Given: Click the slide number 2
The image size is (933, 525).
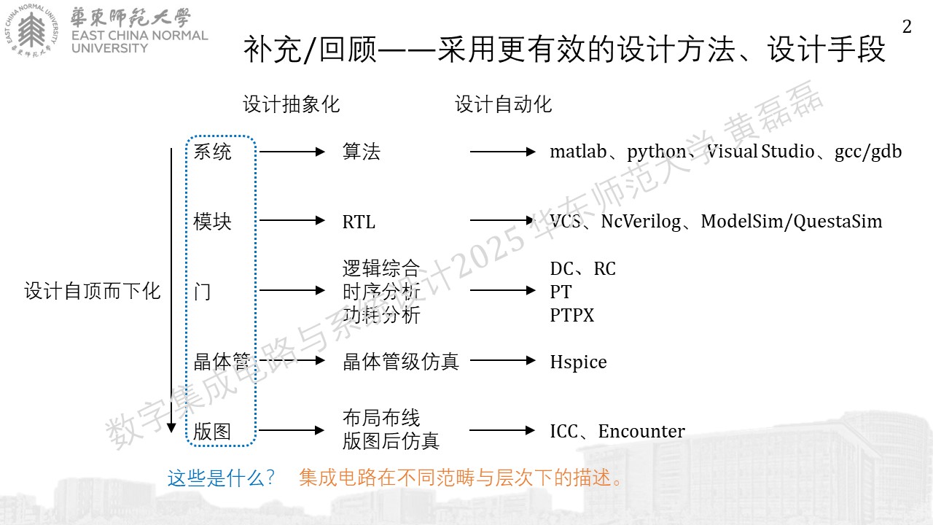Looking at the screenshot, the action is [907, 27].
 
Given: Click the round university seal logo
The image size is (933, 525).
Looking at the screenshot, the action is [31, 31].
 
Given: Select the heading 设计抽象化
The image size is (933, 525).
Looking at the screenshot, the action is [292, 104].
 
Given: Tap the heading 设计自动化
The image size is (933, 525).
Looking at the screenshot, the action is [503, 104].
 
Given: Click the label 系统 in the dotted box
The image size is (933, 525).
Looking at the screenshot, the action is [212, 151].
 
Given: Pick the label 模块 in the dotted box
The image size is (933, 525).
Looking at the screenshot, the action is [212, 221].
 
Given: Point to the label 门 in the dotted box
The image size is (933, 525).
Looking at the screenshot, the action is [203, 291].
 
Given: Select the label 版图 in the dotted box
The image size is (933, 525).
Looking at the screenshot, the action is [212, 431].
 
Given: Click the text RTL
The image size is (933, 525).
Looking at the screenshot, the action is [359, 222].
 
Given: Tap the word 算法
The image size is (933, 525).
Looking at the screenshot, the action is [362, 151].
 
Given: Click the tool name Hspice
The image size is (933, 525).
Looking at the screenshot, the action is [578, 362].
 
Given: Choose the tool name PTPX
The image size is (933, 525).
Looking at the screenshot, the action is [572, 316].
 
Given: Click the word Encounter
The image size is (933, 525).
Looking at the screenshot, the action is [641, 431].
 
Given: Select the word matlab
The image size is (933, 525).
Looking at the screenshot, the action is [578, 151].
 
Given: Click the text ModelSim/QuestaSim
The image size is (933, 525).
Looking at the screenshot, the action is [792, 222].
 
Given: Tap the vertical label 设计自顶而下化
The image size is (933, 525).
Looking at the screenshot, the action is [93, 291].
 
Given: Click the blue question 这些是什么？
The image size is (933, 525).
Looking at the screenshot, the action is [221, 478].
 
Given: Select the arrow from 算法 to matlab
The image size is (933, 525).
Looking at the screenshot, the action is [503, 152].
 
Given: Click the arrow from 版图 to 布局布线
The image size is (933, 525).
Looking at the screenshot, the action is [291, 430].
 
